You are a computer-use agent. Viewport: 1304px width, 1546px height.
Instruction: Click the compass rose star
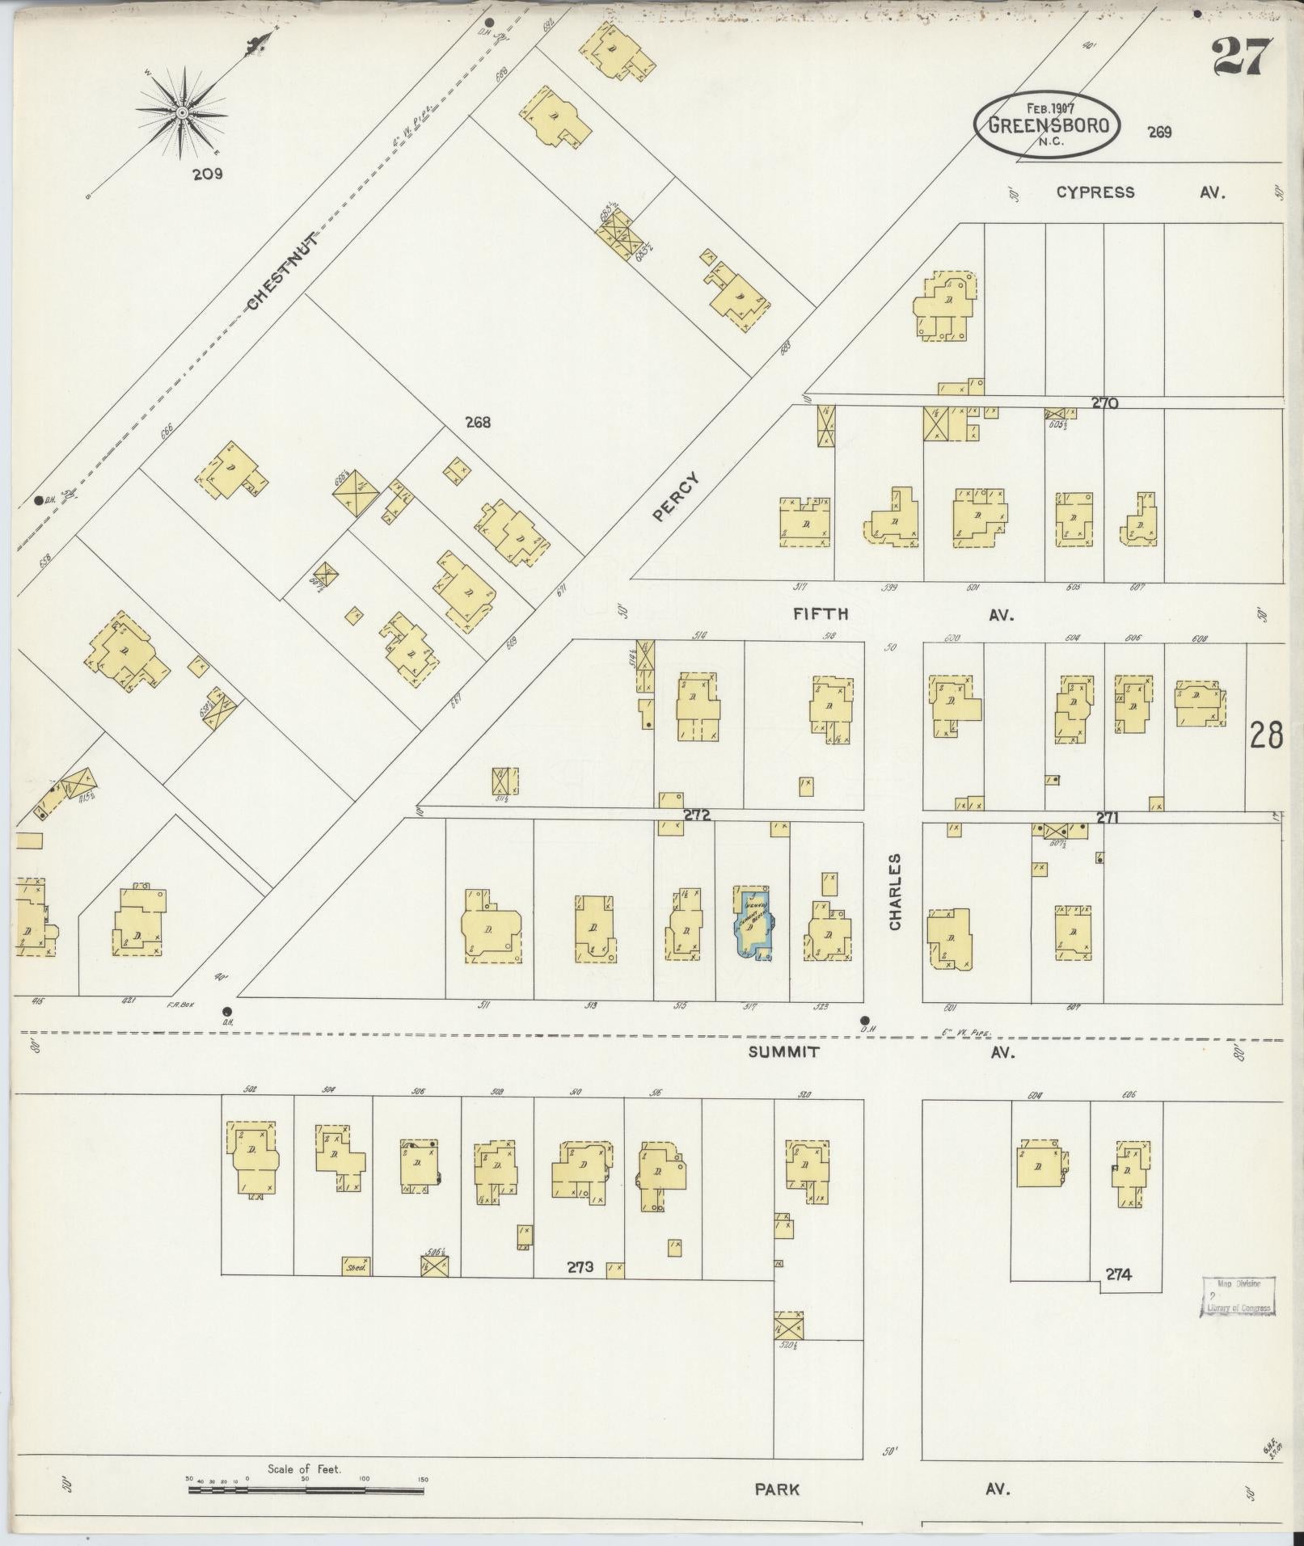coord(182,111)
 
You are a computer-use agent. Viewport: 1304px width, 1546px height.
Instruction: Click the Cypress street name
coord(1095,192)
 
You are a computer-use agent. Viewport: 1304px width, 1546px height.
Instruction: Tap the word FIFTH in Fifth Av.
coord(821,614)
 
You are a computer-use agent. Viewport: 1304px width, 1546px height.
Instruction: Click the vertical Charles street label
coord(895,891)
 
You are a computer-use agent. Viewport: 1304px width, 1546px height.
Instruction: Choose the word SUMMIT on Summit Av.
coord(783,1051)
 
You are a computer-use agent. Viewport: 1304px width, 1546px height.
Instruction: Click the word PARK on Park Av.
coord(778,1489)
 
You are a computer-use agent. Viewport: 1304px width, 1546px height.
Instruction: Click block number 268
coord(478,422)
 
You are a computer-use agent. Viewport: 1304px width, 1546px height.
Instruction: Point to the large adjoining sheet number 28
coord(1266,736)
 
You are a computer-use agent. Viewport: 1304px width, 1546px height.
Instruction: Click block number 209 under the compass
coord(208,173)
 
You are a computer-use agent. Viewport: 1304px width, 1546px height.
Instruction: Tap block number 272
coord(696,815)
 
